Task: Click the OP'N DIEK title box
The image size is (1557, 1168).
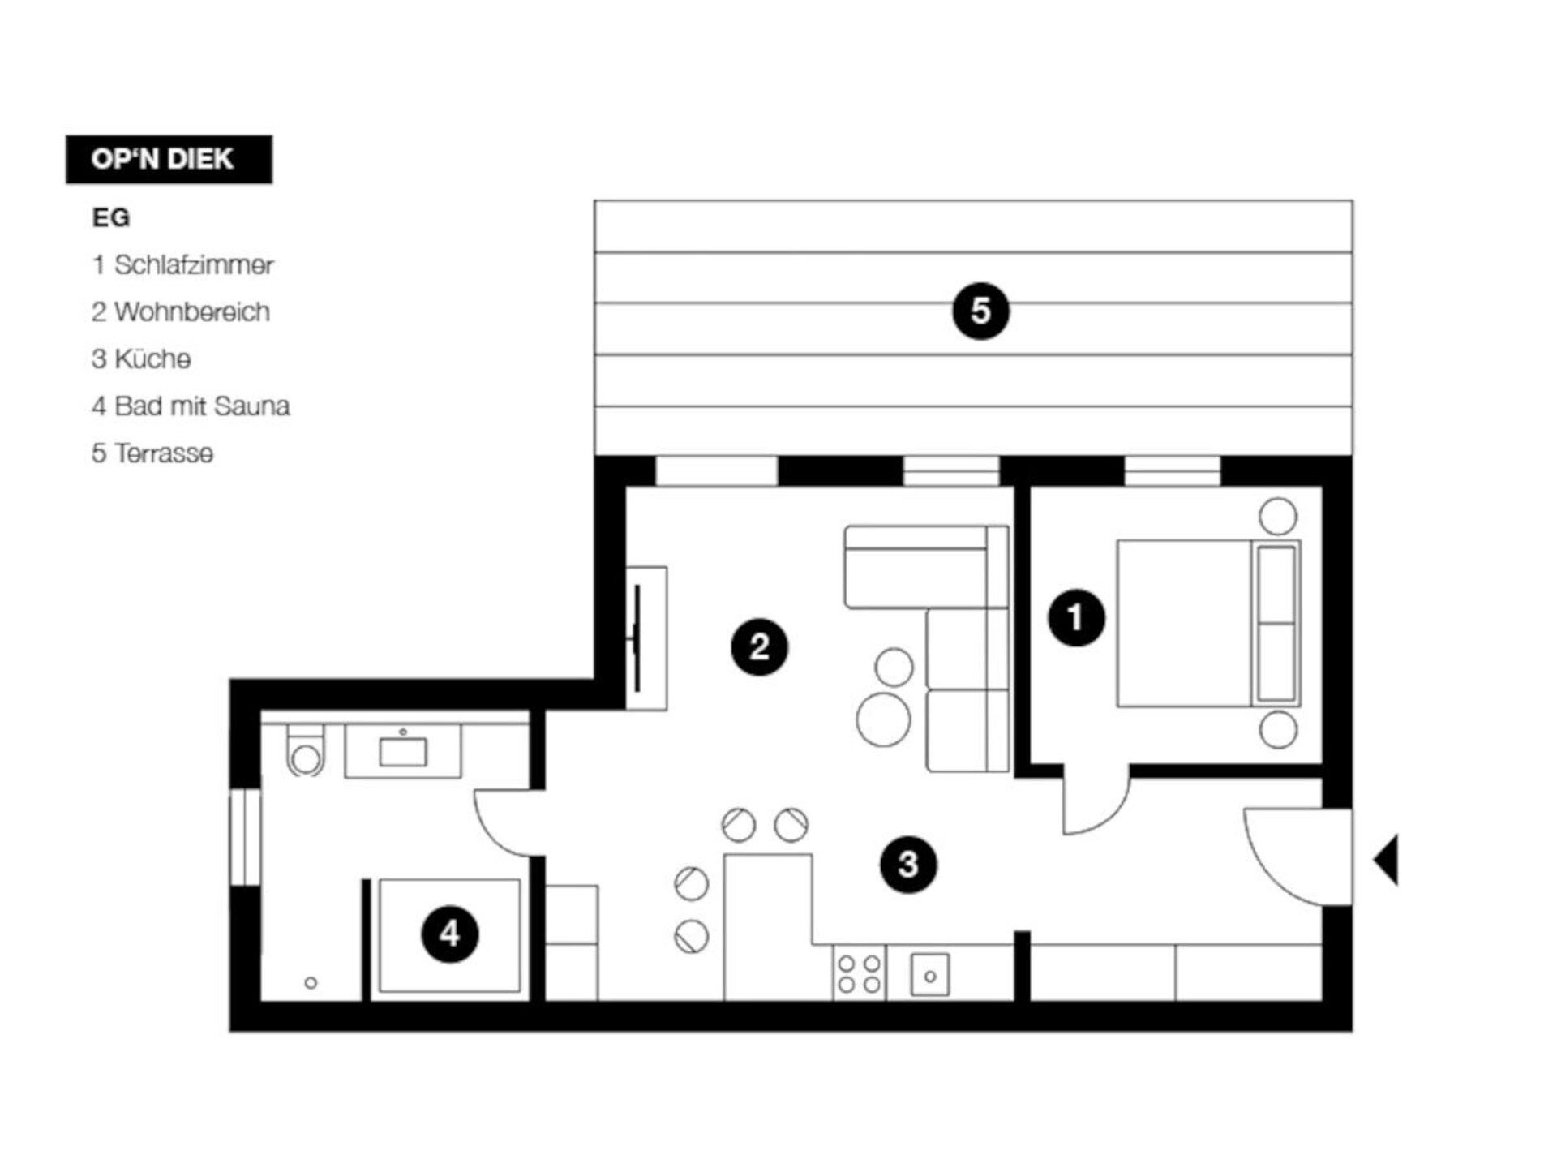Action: [169, 159]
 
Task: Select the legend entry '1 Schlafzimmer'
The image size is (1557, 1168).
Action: [182, 264]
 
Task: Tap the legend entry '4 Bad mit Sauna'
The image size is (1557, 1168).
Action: [191, 406]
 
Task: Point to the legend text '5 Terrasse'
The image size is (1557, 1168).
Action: [152, 453]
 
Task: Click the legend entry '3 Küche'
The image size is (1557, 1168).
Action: [141, 359]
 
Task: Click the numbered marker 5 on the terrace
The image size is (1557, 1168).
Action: [980, 311]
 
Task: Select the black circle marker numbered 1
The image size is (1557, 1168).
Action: [1076, 617]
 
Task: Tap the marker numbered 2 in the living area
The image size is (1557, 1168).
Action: [759, 646]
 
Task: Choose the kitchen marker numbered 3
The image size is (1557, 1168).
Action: [908, 865]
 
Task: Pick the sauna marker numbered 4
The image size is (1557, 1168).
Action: [450, 934]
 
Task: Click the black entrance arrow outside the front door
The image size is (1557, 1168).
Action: [1386, 860]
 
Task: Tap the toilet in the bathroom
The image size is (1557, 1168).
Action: [305, 750]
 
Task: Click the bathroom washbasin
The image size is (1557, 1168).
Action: [403, 751]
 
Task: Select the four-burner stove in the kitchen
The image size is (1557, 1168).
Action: [859, 973]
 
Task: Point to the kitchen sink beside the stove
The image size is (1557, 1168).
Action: [930, 975]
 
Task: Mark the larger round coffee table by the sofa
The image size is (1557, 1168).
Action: [883, 719]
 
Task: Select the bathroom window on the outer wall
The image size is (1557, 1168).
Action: [245, 837]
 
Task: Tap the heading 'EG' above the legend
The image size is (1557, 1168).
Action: [111, 217]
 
